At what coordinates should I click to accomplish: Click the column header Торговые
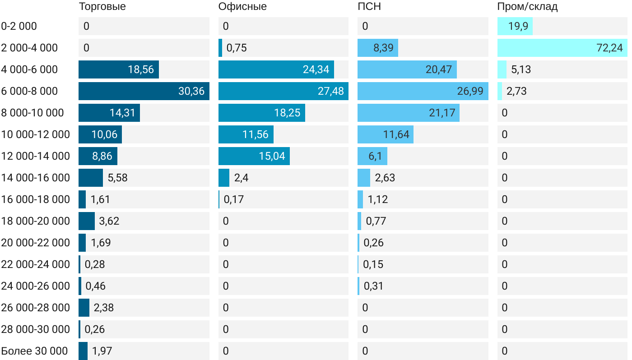102,6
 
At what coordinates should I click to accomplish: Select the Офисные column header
242,6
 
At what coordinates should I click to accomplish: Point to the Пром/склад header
527,6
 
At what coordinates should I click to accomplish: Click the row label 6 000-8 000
30,91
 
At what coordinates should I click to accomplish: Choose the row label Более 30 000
34,351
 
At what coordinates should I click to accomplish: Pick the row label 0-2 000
19,26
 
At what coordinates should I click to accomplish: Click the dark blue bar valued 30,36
144,91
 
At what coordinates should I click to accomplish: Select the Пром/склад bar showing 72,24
562,48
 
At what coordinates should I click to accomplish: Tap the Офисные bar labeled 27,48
283,91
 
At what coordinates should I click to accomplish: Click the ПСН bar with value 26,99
423,91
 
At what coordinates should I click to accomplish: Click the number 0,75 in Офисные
237,48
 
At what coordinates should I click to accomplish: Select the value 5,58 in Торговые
117,178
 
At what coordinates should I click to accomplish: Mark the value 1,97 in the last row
102,351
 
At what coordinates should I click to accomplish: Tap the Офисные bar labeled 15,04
254,156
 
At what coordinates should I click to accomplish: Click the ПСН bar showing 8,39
377,48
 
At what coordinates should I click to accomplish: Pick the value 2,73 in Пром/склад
516,91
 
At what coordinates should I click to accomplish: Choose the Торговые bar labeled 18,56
118,69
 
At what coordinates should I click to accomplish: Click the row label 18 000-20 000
36,221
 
